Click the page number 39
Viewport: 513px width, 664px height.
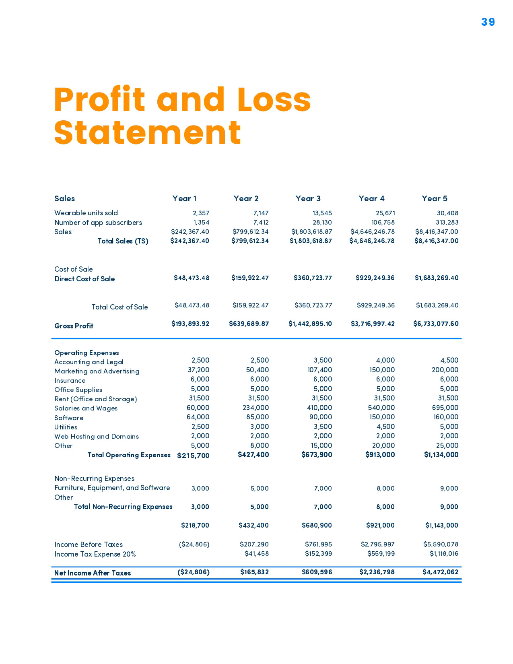coord(488,22)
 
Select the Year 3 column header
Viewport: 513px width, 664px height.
coord(308,198)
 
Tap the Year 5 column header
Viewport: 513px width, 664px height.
coord(434,198)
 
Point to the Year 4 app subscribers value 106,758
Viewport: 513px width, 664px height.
coord(383,223)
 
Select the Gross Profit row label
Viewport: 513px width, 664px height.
coord(74,326)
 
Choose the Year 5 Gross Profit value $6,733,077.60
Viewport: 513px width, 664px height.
coord(436,324)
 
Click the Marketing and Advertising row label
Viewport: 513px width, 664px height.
coord(97,371)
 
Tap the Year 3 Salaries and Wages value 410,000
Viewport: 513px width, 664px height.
coord(319,408)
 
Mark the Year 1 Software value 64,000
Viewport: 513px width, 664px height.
coord(198,417)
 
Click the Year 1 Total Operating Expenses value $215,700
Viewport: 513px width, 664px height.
coord(193,455)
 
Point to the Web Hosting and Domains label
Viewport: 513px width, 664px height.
coord(97,437)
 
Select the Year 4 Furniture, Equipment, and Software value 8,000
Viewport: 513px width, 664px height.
coord(385,489)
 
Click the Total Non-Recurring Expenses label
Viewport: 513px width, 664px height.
coord(123,507)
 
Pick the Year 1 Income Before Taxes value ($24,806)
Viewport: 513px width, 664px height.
coord(194,544)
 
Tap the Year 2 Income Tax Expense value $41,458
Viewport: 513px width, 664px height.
coord(256,554)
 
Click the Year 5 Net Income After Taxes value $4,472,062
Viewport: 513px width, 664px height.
coord(440,572)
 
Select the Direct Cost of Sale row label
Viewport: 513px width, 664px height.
coord(84,279)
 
